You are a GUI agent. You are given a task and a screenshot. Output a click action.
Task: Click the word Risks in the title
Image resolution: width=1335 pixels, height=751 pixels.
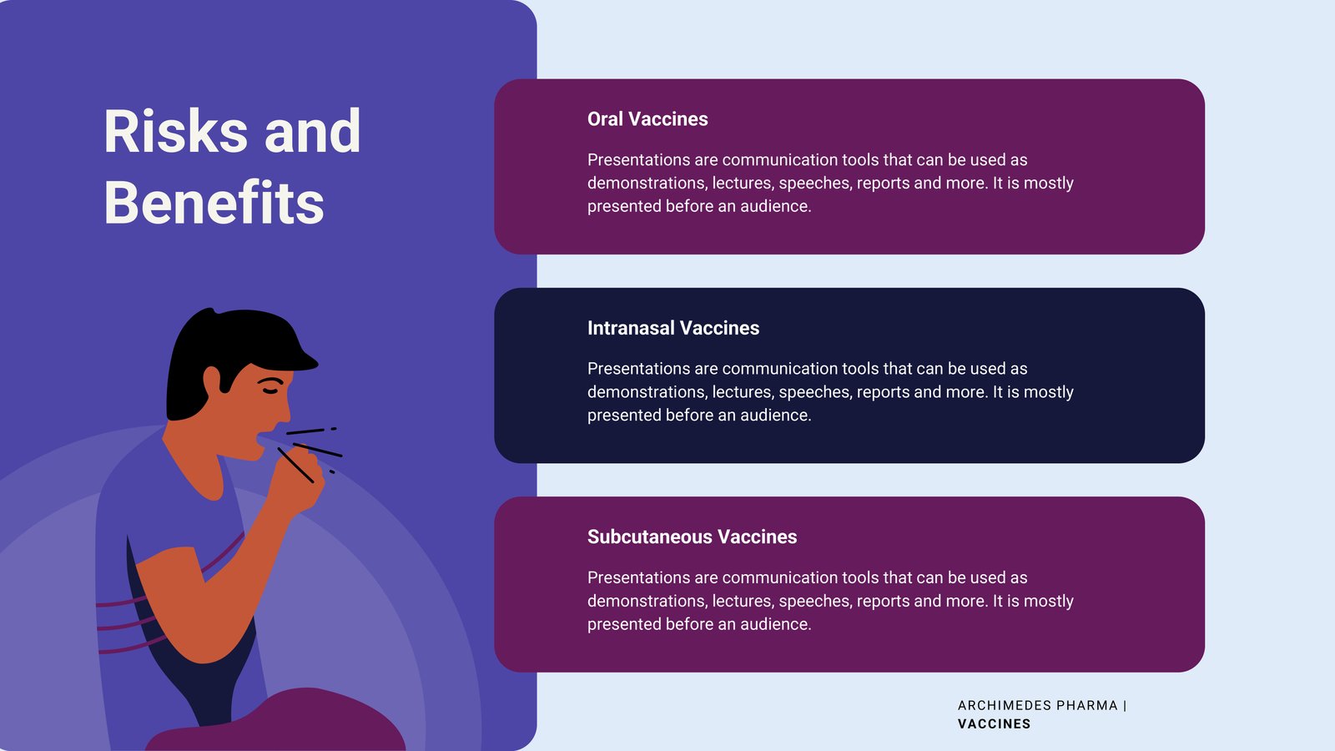(175, 131)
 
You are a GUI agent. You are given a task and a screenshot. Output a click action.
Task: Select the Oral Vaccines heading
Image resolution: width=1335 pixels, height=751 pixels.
(647, 119)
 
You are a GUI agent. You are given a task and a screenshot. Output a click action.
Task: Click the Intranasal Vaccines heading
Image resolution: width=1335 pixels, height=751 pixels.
(673, 328)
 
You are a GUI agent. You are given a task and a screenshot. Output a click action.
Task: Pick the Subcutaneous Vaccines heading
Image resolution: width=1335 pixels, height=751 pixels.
(692, 537)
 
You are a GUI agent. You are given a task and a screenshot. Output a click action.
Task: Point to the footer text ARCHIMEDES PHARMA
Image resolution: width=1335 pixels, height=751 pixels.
(1038, 706)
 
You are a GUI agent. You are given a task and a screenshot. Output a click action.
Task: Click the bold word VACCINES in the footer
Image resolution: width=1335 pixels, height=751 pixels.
(994, 724)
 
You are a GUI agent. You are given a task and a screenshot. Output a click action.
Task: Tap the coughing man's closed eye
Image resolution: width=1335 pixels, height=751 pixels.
(270, 391)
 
